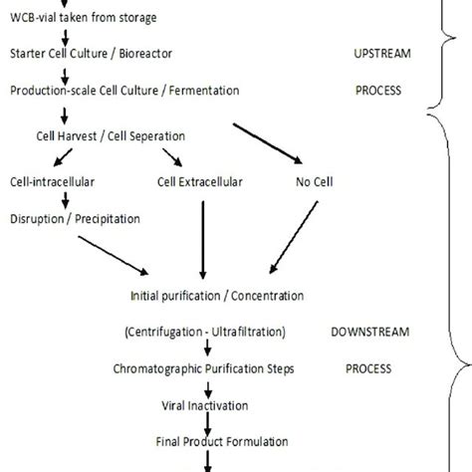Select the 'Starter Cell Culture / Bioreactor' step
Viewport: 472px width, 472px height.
point(89,53)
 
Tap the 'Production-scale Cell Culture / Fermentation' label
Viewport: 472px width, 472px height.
point(124,91)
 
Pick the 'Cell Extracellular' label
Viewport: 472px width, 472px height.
point(200,182)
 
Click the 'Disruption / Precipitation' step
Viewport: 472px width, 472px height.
point(75,219)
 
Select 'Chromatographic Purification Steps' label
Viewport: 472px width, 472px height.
point(207,367)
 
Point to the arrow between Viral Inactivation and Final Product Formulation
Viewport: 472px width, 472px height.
point(208,423)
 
